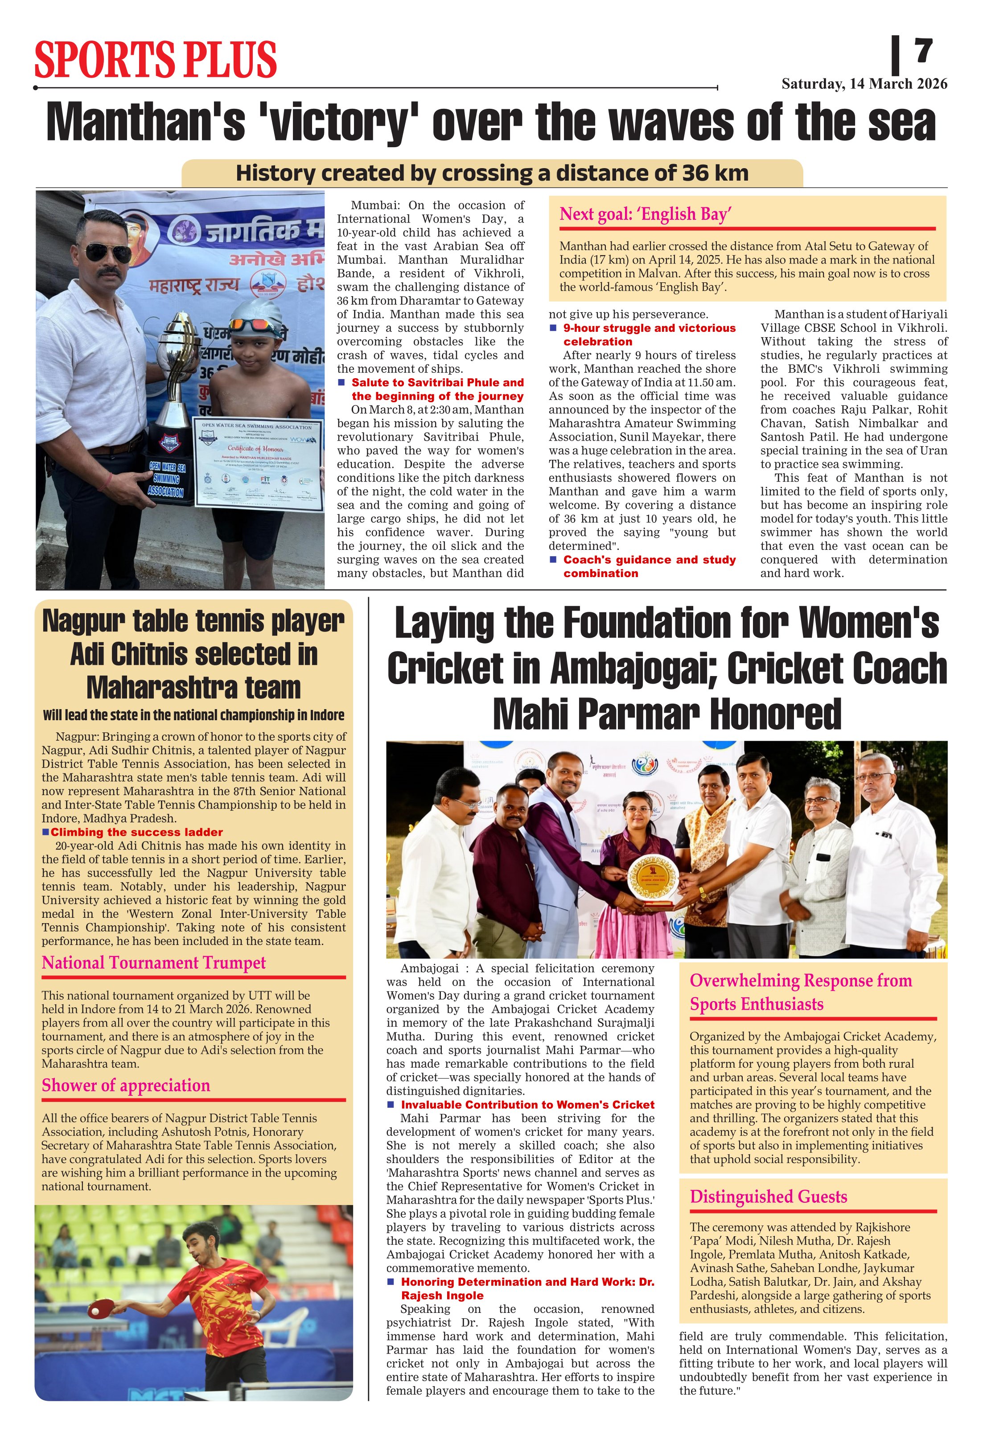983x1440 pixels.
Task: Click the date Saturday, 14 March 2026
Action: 864,84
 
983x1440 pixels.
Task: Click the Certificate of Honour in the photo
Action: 258,463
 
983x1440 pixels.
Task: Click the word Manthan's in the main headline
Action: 146,122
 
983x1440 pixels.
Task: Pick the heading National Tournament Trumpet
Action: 154,963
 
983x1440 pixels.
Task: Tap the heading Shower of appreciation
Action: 126,1085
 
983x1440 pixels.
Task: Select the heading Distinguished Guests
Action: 768,1197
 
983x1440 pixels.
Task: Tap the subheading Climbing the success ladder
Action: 136,832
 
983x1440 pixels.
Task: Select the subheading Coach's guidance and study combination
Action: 649,566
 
